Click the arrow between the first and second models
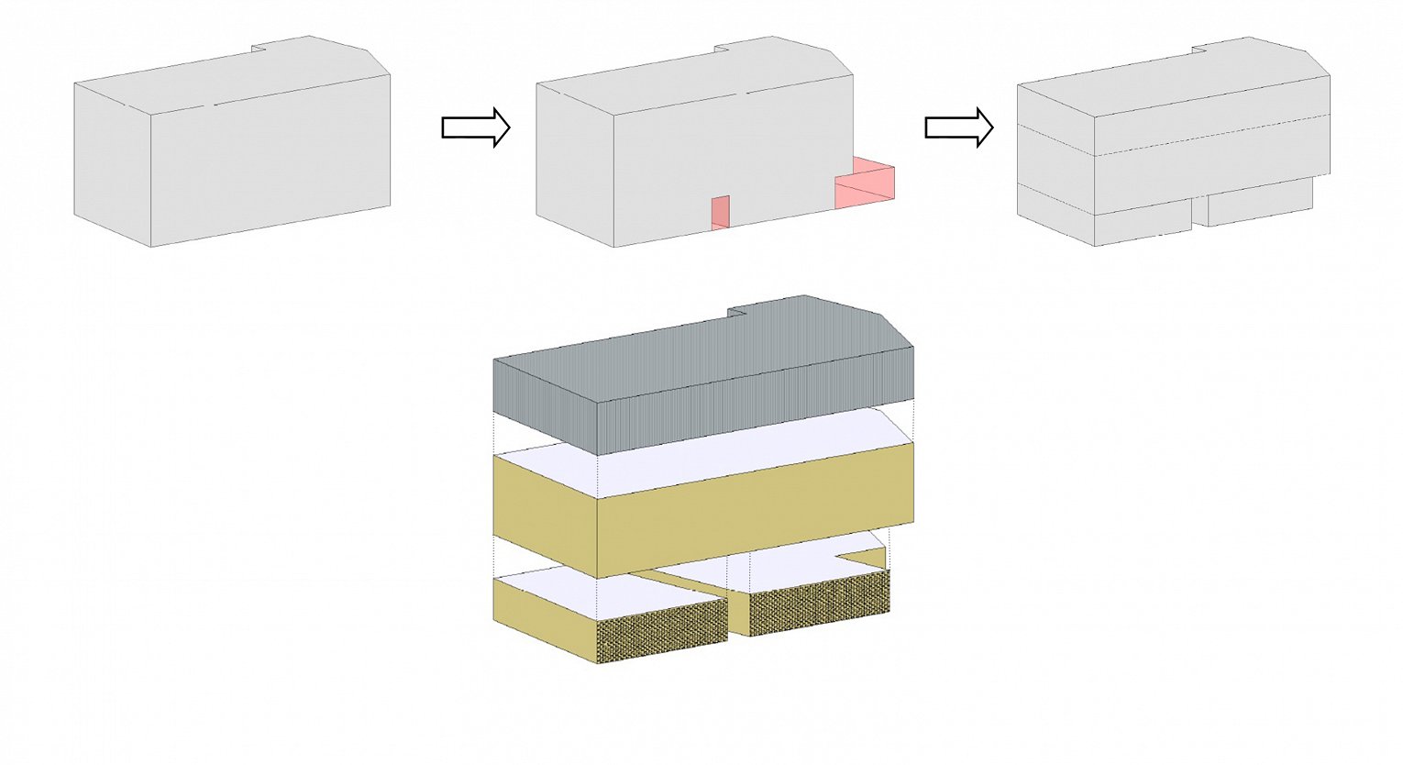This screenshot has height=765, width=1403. click(x=475, y=127)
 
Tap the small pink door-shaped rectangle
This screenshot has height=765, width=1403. click(x=721, y=212)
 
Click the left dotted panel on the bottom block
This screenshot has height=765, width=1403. click(x=661, y=638)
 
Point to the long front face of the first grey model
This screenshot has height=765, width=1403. click(x=271, y=165)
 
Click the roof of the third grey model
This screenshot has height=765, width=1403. click(x=1174, y=83)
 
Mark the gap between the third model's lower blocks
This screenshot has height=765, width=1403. click(x=1199, y=215)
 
